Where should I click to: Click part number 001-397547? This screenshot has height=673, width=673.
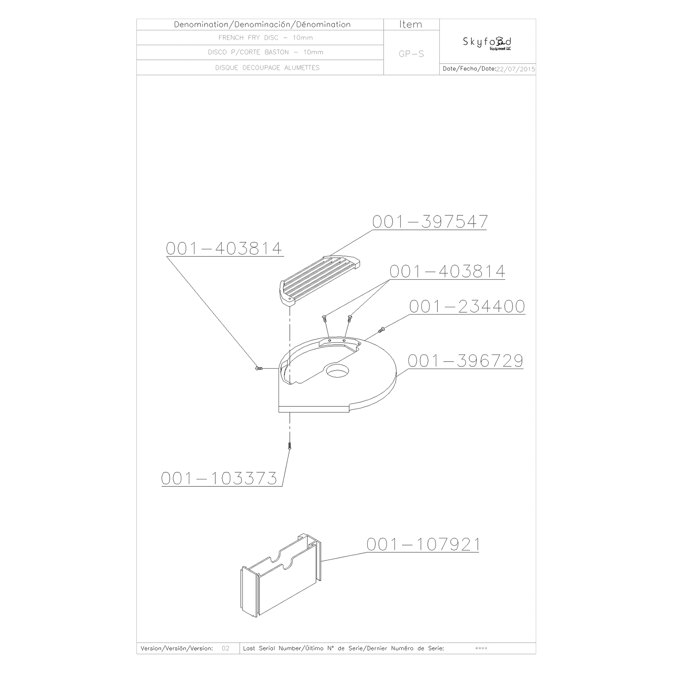tap(430, 221)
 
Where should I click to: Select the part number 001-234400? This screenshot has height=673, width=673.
tap(467, 306)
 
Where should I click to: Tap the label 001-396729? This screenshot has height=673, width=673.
tap(465, 361)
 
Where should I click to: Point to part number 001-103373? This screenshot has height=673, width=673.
tap(219, 478)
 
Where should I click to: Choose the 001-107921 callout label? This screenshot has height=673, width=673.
tap(423, 544)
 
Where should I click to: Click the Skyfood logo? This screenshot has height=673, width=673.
tap(487, 43)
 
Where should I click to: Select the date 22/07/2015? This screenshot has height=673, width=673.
tap(516, 69)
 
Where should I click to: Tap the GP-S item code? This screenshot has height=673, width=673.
tap(411, 54)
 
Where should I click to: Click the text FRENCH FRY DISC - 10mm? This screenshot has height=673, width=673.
tap(265, 37)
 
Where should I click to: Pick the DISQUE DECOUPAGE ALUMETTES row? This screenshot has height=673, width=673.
tap(267, 68)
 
